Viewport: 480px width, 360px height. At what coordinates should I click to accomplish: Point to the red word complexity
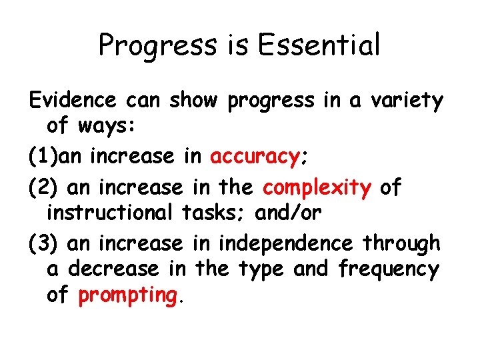click(x=317, y=188)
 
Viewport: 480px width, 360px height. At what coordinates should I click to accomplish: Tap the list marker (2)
click(x=43, y=188)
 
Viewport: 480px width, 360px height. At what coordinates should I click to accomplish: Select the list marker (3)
click(x=43, y=243)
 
